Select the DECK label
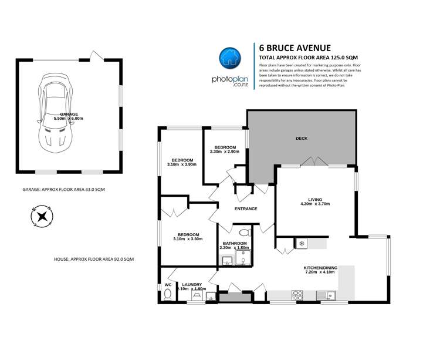tap(302, 139)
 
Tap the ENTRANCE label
tap(246, 208)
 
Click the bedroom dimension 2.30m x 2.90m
tap(225, 152)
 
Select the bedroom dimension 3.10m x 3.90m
tap(182, 165)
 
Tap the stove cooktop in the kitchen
tap(297, 294)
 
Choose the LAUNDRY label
tap(191, 284)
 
